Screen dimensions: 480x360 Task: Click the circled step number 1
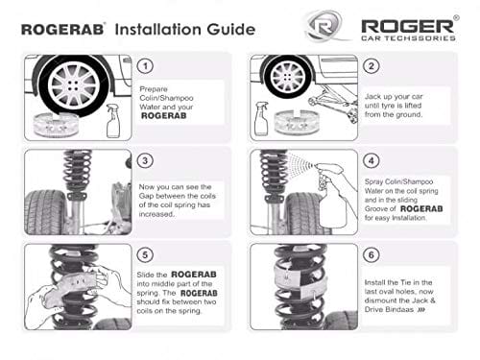point(145,66)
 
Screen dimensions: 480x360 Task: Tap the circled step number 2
point(372,66)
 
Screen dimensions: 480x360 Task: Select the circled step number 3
point(145,160)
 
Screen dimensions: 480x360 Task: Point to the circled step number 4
point(372,160)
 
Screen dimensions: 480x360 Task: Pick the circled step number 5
point(145,255)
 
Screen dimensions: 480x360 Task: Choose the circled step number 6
point(372,255)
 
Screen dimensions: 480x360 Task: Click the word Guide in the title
point(231,29)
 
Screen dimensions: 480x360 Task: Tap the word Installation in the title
point(158,29)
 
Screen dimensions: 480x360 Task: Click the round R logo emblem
point(324,26)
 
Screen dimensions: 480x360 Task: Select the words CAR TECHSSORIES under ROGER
point(408,38)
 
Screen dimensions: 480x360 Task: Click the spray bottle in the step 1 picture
point(113,121)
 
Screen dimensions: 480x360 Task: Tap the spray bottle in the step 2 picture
point(261,119)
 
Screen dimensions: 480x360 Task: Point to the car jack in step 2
point(333,103)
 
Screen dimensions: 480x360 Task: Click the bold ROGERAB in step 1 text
point(164,116)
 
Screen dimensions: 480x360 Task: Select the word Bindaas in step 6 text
point(399,309)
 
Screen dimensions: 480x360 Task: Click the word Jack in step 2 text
point(372,96)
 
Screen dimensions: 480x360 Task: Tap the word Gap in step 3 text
point(146,196)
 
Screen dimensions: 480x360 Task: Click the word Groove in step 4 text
point(376,209)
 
